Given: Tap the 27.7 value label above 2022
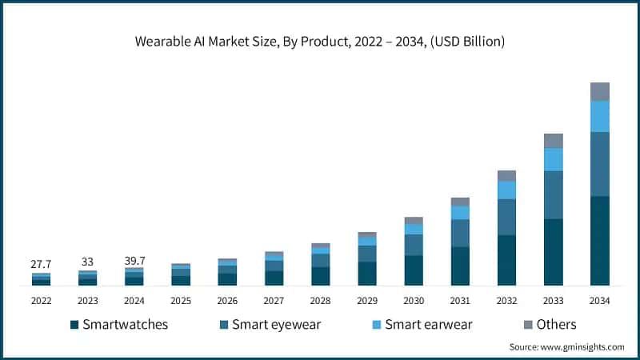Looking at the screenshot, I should click(x=41, y=263).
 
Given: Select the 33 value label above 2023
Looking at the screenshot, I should click(x=87, y=262).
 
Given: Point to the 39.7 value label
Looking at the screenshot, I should click(x=134, y=259).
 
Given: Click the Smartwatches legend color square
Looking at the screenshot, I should click(x=74, y=325).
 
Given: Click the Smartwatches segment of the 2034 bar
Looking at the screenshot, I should click(x=599, y=240).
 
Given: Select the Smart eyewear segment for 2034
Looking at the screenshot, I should click(x=599, y=164).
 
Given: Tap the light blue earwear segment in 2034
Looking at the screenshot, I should click(x=599, y=116).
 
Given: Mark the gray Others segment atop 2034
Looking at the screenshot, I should click(x=599, y=91).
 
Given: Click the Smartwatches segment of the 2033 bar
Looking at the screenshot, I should click(x=553, y=252).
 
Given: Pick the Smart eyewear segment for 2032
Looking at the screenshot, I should click(x=506, y=217).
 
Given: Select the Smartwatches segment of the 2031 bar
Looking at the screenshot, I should click(x=460, y=266).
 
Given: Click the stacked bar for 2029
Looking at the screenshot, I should click(x=367, y=258).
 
